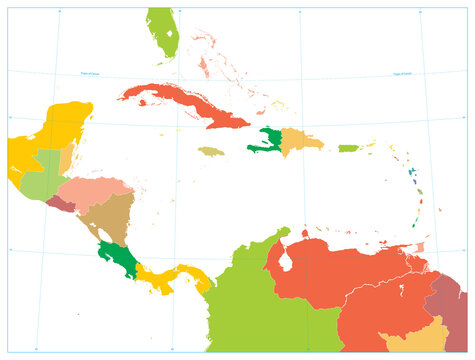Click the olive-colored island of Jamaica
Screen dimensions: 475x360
(x=210, y=151)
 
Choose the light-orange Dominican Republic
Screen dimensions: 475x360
(x=300, y=143)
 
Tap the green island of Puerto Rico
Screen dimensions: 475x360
(x=348, y=148)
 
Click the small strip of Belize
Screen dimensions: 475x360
(x=66, y=159)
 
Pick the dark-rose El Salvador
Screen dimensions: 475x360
(x=61, y=204)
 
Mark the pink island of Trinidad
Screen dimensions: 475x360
(x=421, y=246)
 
